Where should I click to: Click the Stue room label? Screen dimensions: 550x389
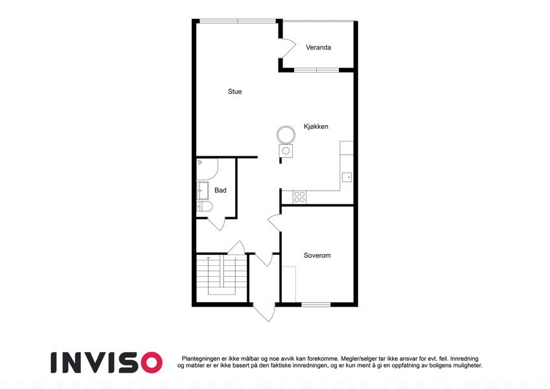click(235, 91)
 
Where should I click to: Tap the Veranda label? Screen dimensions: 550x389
click(318, 47)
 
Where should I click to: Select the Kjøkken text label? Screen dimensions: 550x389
click(316, 126)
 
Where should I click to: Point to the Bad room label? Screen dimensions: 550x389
click(220, 191)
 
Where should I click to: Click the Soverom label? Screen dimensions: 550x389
click(317, 255)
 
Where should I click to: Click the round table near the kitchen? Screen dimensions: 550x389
click(286, 134)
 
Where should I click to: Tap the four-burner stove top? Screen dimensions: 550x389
click(299, 197)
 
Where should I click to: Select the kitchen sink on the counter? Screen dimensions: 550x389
click(347, 177)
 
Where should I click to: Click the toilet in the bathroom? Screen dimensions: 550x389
click(204, 206)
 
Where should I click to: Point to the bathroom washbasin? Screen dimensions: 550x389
click(202, 191)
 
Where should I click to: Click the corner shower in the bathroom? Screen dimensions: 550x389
click(207, 169)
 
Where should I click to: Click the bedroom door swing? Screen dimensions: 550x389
click(275, 222)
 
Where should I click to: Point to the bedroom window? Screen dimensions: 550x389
click(315, 304)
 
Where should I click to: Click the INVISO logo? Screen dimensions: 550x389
click(106, 362)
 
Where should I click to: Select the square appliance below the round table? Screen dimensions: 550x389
click(286, 151)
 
